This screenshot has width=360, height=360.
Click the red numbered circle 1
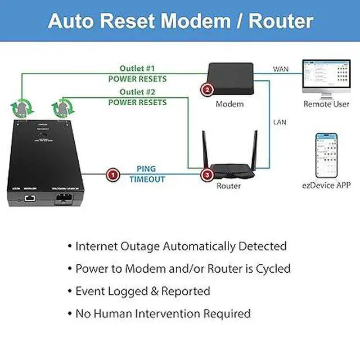pyautogui.click(x=112, y=175)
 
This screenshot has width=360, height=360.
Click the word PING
pyautogui.click(x=146, y=169)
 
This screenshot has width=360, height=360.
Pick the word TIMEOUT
pyautogui.click(x=146, y=179)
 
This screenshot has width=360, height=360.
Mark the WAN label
pyautogui.click(x=281, y=69)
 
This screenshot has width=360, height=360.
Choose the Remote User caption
pyautogui.click(x=326, y=104)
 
